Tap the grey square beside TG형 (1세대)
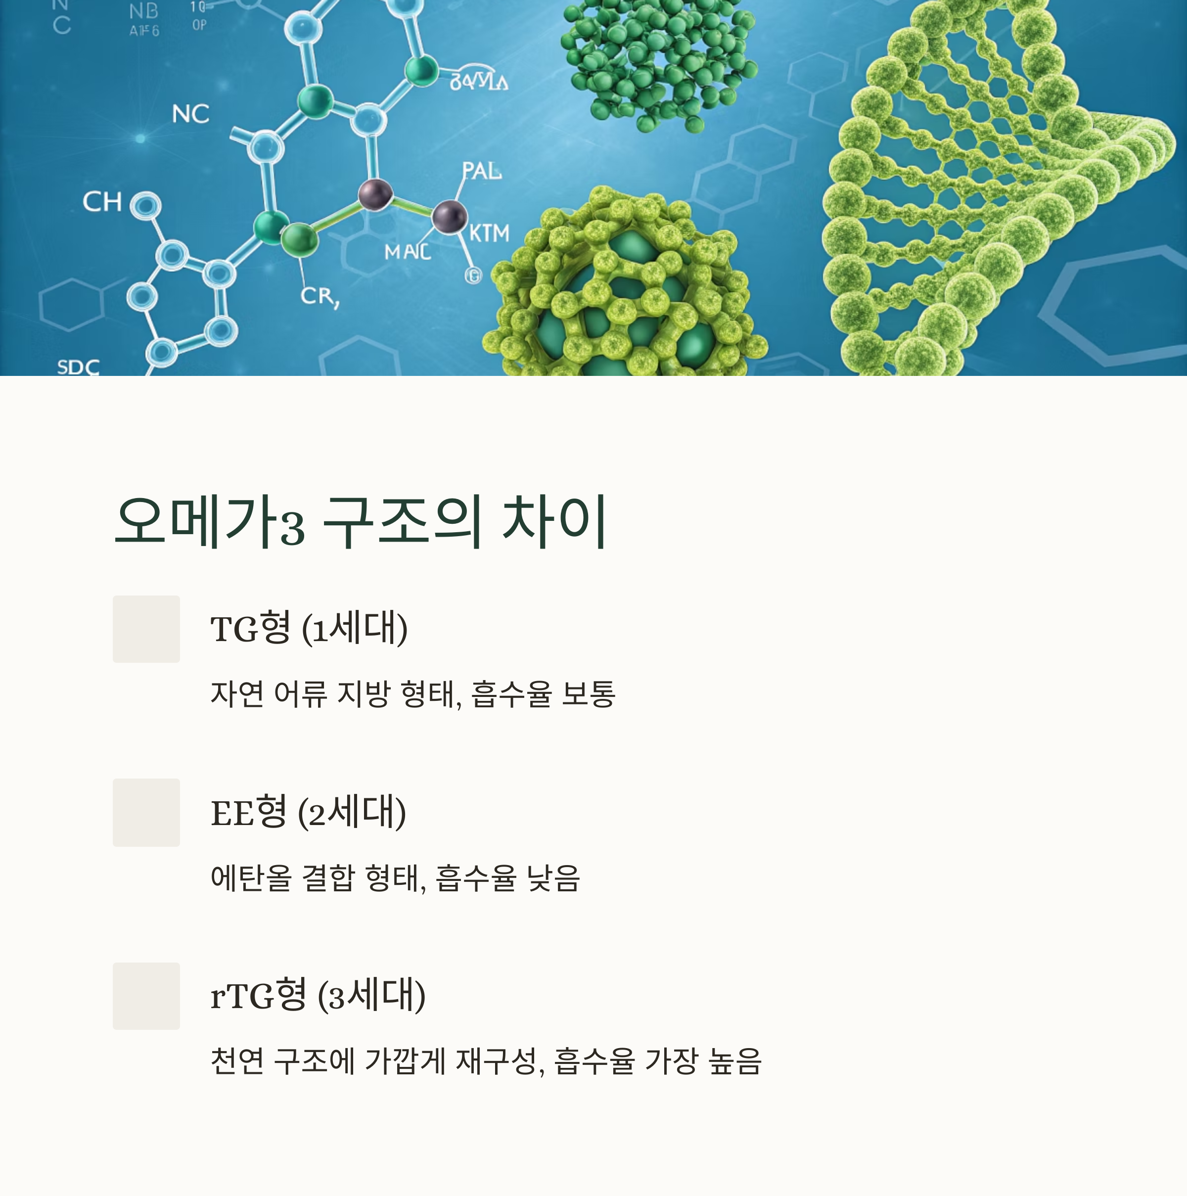tap(146, 629)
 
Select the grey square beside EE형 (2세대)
tap(146, 812)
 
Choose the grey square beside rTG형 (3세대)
tap(146, 996)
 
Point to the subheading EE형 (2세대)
tap(308, 812)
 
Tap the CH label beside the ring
tap(102, 202)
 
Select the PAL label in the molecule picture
tap(482, 170)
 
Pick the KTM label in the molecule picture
tap(489, 233)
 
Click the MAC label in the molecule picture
tap(407, 252)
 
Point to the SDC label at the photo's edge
tap(78, 367)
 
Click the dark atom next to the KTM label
tap(449, 217)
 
